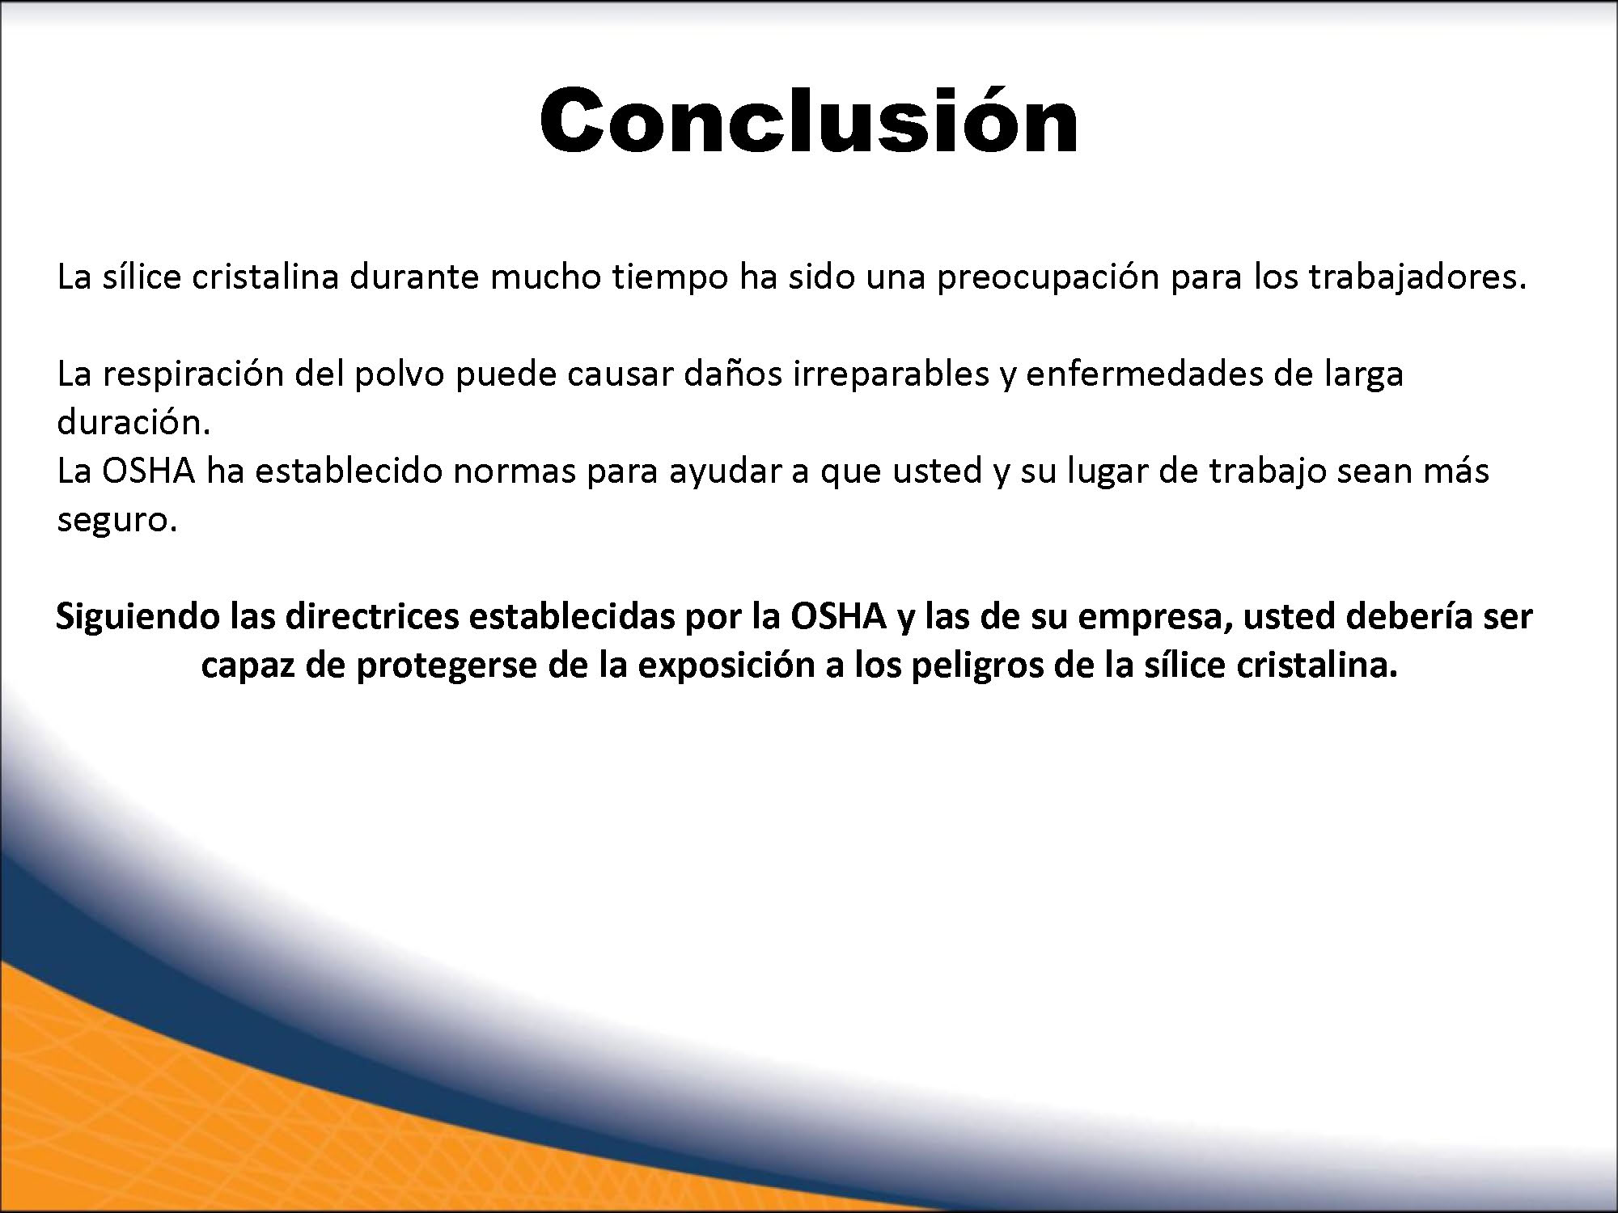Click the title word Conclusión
pos(809,120)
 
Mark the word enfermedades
pos(1144,374)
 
